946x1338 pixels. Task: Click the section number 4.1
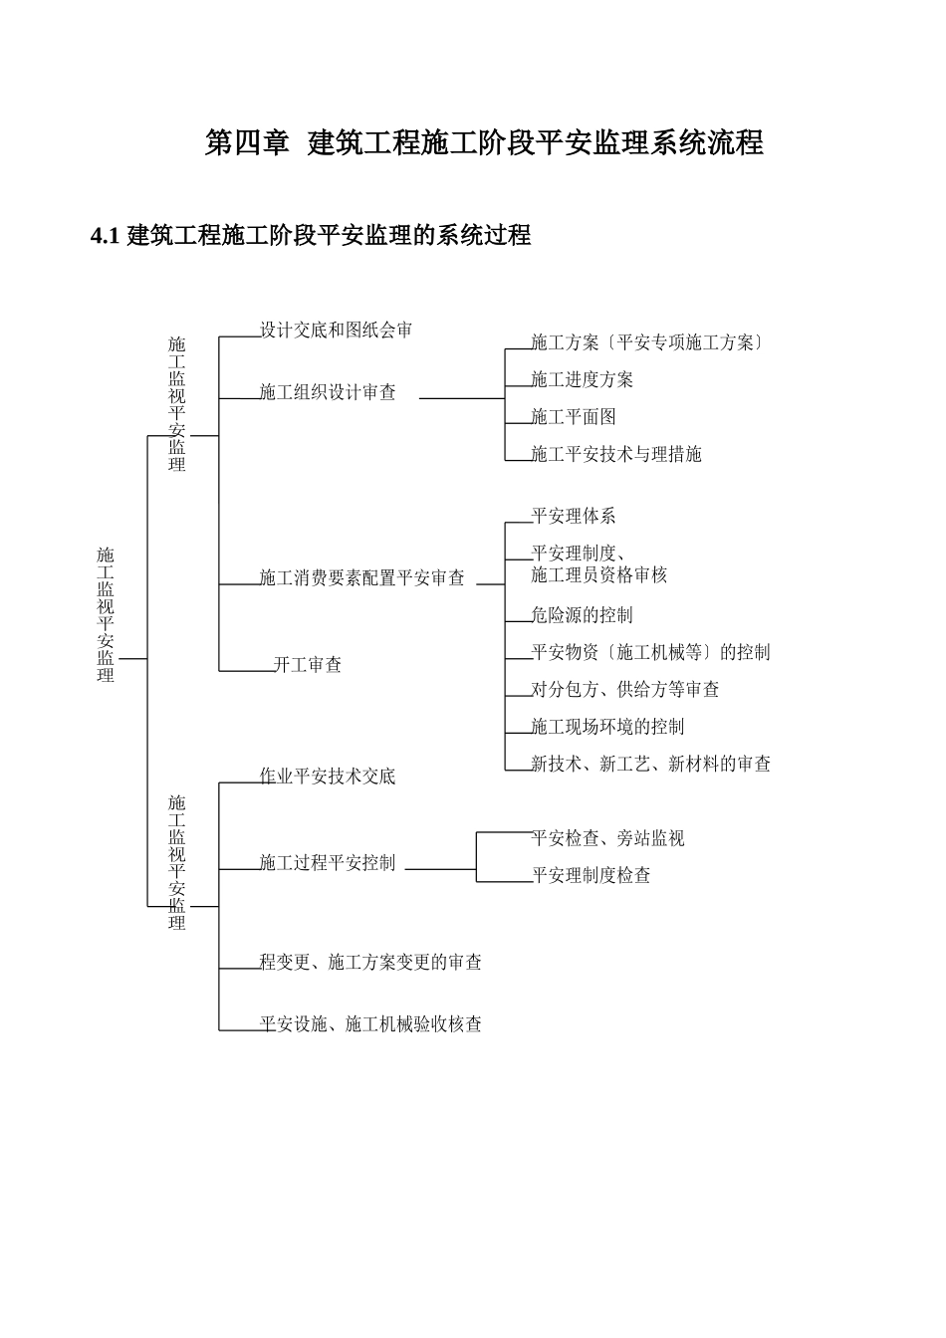click(106, 236)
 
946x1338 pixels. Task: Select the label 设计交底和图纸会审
click(336, 331)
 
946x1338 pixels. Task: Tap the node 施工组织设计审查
click(328, 392)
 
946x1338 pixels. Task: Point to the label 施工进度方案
click(582, 379)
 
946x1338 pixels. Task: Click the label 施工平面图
click(574, 417)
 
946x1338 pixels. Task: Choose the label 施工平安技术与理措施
click(616, 454)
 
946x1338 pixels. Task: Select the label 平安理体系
click(574, 516)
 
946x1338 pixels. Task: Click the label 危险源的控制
click(582, 615)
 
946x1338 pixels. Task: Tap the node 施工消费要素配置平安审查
click(361, 577)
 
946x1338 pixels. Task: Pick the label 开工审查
click(308, 664)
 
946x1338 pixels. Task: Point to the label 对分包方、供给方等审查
click(625, 689)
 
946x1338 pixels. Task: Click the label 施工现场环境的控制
click(607, 727)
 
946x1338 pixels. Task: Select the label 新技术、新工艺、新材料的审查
click(651, 764)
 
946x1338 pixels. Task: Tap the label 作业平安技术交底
click(328, 777)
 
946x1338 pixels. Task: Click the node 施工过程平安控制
click(328, 862)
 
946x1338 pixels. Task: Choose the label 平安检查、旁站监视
click(607, 838)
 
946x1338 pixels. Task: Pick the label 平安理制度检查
click(591, 875)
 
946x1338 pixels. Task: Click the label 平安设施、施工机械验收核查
click(370, 1023)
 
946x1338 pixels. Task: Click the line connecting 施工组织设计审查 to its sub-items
click(462, 398)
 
